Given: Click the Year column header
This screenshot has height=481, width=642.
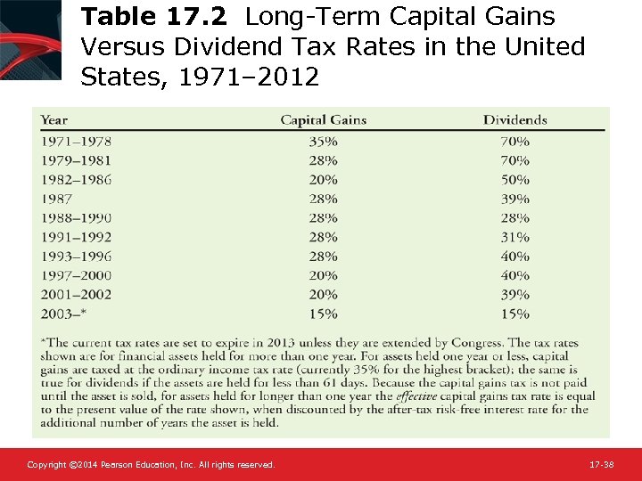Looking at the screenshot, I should pyautogui.click(x=54, y=120).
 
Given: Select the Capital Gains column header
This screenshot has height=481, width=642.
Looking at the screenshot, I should pyautogui.click(x=323, y=120).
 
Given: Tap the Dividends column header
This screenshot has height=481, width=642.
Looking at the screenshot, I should pyautogui.click(x=514, y=120).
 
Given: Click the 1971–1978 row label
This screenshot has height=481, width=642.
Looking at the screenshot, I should pyautogui.click(x=76, y=141).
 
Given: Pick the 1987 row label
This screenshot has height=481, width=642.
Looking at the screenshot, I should pyautogui.click(x=57, y=199).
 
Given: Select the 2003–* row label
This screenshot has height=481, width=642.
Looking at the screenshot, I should pyautogui.click(x=65, y=314).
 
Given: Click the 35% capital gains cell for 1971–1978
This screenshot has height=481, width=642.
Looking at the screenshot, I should pyautogui.click(x=323, y=141).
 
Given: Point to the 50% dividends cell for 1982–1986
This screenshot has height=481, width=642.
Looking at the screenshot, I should pyautogui.click(x=514, y=179).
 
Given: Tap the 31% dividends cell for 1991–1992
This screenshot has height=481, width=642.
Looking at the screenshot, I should pyautogui.click(x=514, y=237).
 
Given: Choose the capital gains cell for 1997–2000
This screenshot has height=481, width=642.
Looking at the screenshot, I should pyautogui.click(x=323, y=275).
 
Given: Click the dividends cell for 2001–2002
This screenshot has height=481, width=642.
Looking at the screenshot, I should pyautogui.click(x=514, y=295).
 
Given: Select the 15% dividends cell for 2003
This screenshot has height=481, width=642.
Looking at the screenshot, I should pyautogui.click(x=514, y=314).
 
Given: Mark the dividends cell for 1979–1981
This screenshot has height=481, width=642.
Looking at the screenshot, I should pyautogui.click(x=514, y=160).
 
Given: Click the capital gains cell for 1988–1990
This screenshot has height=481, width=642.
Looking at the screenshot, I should pyautogui.click(x=323, y=217).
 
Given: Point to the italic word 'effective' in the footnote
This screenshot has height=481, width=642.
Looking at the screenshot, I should pyautogui.click(x=417, y=396).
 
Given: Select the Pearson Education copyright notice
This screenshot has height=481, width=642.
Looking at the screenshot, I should pyautogui.click(x=151, y=465).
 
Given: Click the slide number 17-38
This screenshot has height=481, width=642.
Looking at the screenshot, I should pyautogui.click(x=601, y=465).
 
